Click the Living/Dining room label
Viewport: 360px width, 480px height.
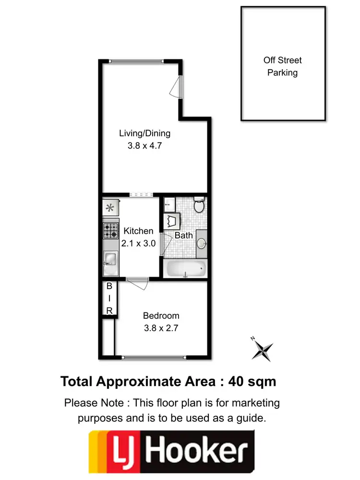click(144, 133)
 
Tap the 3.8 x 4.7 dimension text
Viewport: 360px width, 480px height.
click(144, 146)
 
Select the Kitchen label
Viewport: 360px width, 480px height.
click(138, 231)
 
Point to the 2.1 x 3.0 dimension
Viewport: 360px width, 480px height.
click(138, 243)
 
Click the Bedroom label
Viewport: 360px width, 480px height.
click(161, 316)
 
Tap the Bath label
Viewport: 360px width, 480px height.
click(183, 235)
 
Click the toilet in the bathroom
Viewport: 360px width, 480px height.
click(199, 205)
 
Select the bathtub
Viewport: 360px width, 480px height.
click(186, 269)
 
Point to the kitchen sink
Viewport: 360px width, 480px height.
click(110, 260)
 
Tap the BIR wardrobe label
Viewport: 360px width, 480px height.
click(109, 298)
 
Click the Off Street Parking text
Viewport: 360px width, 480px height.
click(283, 67)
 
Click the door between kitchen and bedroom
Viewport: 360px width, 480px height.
click(138, 283)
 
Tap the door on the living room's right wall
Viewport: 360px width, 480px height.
click(178, 87)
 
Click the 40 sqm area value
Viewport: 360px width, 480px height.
click(253, 382)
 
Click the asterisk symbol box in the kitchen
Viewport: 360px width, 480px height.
click(110, 208)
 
